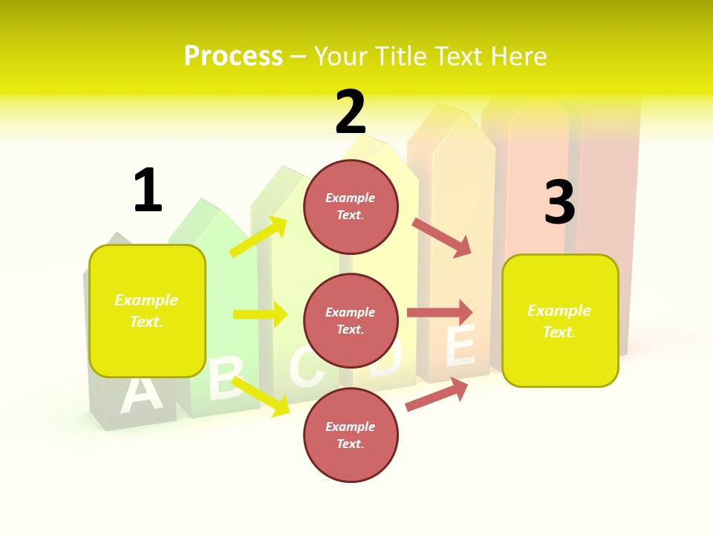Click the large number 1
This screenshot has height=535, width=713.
click(x=147, y=191)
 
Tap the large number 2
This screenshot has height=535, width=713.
click(x=351, y=112)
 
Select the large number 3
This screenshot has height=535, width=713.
click(x=559, y=202)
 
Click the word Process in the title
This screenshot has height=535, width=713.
click(x=233, y=56)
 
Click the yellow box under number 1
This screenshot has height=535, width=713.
click(x=147, y=311)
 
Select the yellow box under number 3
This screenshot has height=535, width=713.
click(x=560, y=320)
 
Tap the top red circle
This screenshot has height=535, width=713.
click(x=351, y=206)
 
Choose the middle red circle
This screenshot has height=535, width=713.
click(x=351, y=320)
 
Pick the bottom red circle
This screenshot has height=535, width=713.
click(x=351, y=435)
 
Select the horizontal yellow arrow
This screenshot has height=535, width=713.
click(x=260, y=314)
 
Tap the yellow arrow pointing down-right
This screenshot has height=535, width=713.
click(x=261, y=396)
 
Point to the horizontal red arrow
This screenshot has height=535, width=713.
click(x=440, y=312)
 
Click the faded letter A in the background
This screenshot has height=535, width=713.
click(x=140, y=395)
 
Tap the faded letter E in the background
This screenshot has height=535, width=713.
click(x=460, y=347)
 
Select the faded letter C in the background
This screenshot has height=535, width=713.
click(x=305, y=367)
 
